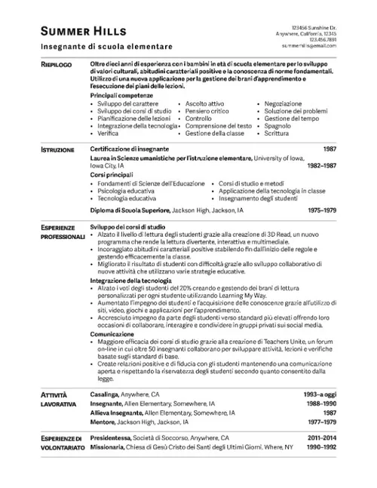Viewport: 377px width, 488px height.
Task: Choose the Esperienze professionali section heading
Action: [x=61, y=231]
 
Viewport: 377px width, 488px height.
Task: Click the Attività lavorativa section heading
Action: [x=57, y=400]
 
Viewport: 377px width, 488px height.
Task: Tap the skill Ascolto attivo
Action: [x=204, y=103]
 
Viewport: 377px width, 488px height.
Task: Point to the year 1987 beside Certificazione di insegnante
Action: [x=329, y=149]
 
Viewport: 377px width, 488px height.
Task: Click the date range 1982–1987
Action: [x=322, y=166]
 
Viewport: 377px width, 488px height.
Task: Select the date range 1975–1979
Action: [x=322, y=210]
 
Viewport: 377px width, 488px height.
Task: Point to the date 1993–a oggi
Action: [x=320, y=394]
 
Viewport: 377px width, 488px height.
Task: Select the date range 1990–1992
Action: [x=322, y=447]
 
